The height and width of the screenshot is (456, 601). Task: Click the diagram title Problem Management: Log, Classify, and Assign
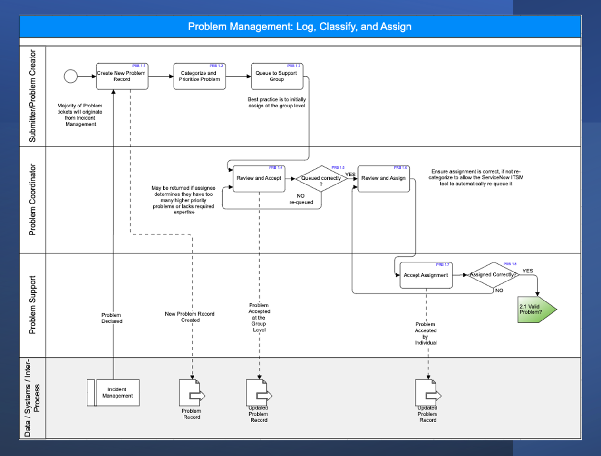[300, 27]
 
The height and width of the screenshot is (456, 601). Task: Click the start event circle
[70, 76]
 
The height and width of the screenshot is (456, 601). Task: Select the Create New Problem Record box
[122, 77]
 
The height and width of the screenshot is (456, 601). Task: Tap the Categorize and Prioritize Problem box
[199, 77]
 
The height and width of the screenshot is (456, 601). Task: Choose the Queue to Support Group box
[277, 77]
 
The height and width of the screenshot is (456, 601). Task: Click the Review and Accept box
[259, 179]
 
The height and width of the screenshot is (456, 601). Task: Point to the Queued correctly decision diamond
[321, 179]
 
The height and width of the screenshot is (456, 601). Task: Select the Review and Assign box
[383, 179]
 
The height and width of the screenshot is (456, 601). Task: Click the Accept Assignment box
[426, 275]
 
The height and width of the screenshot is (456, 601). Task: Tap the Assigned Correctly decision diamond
[493, 275]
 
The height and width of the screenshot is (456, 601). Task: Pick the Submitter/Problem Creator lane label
[32, 96]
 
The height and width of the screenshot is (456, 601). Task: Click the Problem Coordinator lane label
[32, 200]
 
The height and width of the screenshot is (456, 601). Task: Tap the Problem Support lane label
[32, 305]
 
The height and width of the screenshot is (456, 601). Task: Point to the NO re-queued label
[301, 199]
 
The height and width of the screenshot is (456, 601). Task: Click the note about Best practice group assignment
[277, 103]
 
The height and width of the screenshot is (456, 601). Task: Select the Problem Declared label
[111, 318]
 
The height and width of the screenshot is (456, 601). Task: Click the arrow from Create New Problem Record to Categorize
[161, 76]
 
